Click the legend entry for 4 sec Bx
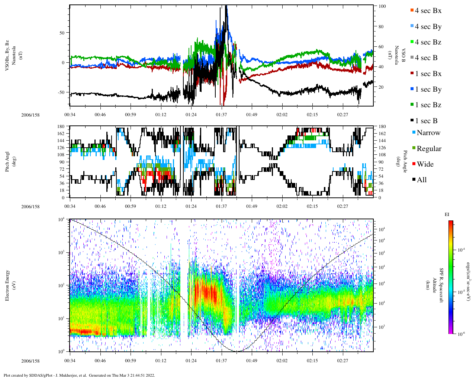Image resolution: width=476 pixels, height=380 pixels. pyautogui.click(x=428, y=11)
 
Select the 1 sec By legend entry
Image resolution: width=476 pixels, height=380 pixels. pyautogui.click(x=428, y=89)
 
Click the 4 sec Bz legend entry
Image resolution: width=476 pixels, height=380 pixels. pyautogui.click(x=428, y=42)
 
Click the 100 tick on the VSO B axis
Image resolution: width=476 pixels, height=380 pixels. pyautogui.click(x=382, y=6)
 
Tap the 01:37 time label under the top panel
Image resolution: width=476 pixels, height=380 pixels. pyautogui.click(x=221, y=115)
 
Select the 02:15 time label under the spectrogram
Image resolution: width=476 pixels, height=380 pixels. pyautogui.click(x=312, y=360)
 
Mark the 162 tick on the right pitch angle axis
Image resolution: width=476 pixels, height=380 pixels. pyautogui.click(x=382, y=134)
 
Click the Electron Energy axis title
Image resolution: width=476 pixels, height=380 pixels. pyautogui.click(x=7, y=285)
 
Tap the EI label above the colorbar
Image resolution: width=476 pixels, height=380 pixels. pyautogui.click(x=447, y=214)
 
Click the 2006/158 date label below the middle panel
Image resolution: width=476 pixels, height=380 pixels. pyautogui.click(x=30, y=207)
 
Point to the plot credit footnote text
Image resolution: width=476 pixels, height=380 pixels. pyautogui.click(x=79, y=375)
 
